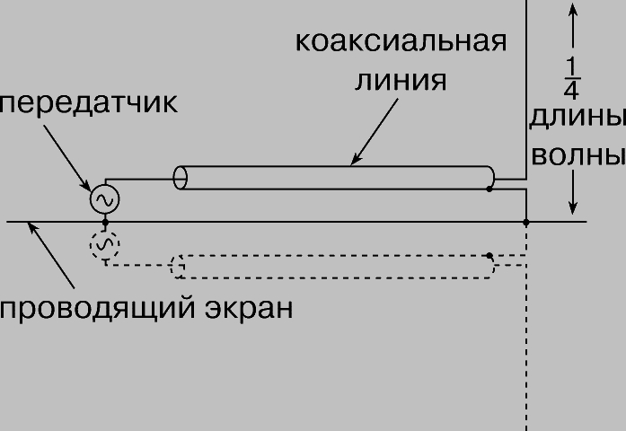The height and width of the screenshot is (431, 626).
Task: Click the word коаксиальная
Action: click(401, 41)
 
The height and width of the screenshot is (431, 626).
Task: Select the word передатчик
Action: click(88, 102)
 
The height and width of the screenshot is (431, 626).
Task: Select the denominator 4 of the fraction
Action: click(572, 90)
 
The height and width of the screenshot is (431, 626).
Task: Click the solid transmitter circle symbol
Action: click(105, 198)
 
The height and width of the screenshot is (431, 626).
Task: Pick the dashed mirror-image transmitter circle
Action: click(105, 243)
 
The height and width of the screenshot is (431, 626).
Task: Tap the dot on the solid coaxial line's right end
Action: click(489, 189)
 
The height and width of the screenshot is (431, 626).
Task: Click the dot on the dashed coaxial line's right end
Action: click(489, 256)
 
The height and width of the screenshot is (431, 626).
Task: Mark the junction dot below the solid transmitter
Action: click(105, 221)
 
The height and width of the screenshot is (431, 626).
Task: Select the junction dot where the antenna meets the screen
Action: click(526, 221)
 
